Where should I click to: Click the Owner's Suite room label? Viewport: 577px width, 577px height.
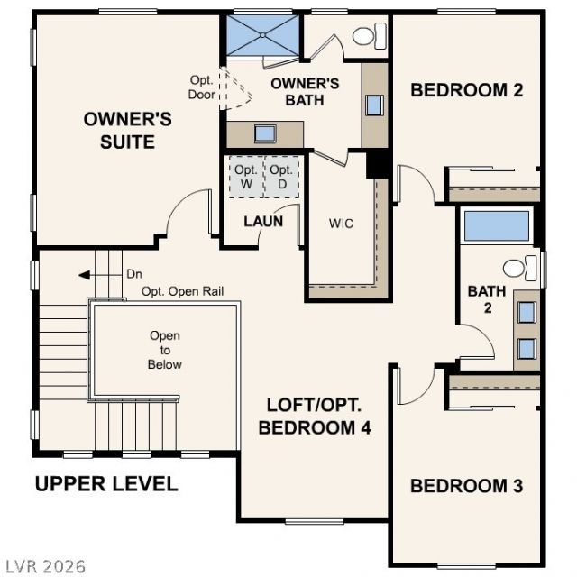(x=128, y=131)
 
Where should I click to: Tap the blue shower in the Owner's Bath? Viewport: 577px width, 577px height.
(x=262, y=35)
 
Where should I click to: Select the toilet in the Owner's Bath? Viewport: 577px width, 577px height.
(x=370, y=36)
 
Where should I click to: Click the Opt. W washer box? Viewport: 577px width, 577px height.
(x=246, y=177)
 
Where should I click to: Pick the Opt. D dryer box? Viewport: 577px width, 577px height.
(x=281, y=177)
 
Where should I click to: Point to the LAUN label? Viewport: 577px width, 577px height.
(x=263, y=222)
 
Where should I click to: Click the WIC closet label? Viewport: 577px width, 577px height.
(x=341, y=224)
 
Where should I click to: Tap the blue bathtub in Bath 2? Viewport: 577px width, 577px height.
(x=497, y=226)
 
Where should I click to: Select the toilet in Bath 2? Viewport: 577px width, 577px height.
(x=519, y=269)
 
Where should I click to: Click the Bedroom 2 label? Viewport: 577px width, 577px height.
(x=467, y=90)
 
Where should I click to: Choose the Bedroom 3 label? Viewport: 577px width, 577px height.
(x=467, y=486)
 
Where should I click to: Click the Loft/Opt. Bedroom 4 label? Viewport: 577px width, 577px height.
(x=315, y=417)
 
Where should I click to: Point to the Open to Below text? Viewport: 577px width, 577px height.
(x=165, y=350)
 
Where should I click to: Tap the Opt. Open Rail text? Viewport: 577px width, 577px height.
(x=182, y=291)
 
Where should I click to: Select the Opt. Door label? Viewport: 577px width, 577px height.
(x=201, y=87)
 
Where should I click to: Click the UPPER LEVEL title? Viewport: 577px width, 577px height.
(x=106, y=483)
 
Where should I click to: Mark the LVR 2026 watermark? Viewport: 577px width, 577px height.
(x=46, y=567)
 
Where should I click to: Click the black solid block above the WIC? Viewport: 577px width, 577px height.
(x=378, y=164)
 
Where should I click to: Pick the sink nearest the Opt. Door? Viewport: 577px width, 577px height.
(x=265, y=133)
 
